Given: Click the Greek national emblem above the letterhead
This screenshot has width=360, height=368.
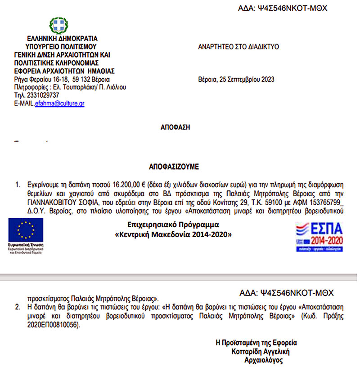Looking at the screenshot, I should coord(58,26).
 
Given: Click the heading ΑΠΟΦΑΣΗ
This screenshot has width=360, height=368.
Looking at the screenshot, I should coord(175,127).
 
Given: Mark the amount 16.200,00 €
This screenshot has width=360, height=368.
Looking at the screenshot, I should coord(130,185).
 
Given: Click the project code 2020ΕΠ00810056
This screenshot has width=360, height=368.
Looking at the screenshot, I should coord(51,325).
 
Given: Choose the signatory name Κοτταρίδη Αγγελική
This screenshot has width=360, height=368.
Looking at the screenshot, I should coord(260,351).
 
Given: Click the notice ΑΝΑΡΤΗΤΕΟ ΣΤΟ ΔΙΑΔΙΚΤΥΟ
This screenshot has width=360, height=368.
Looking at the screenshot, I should coord(238,46).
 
